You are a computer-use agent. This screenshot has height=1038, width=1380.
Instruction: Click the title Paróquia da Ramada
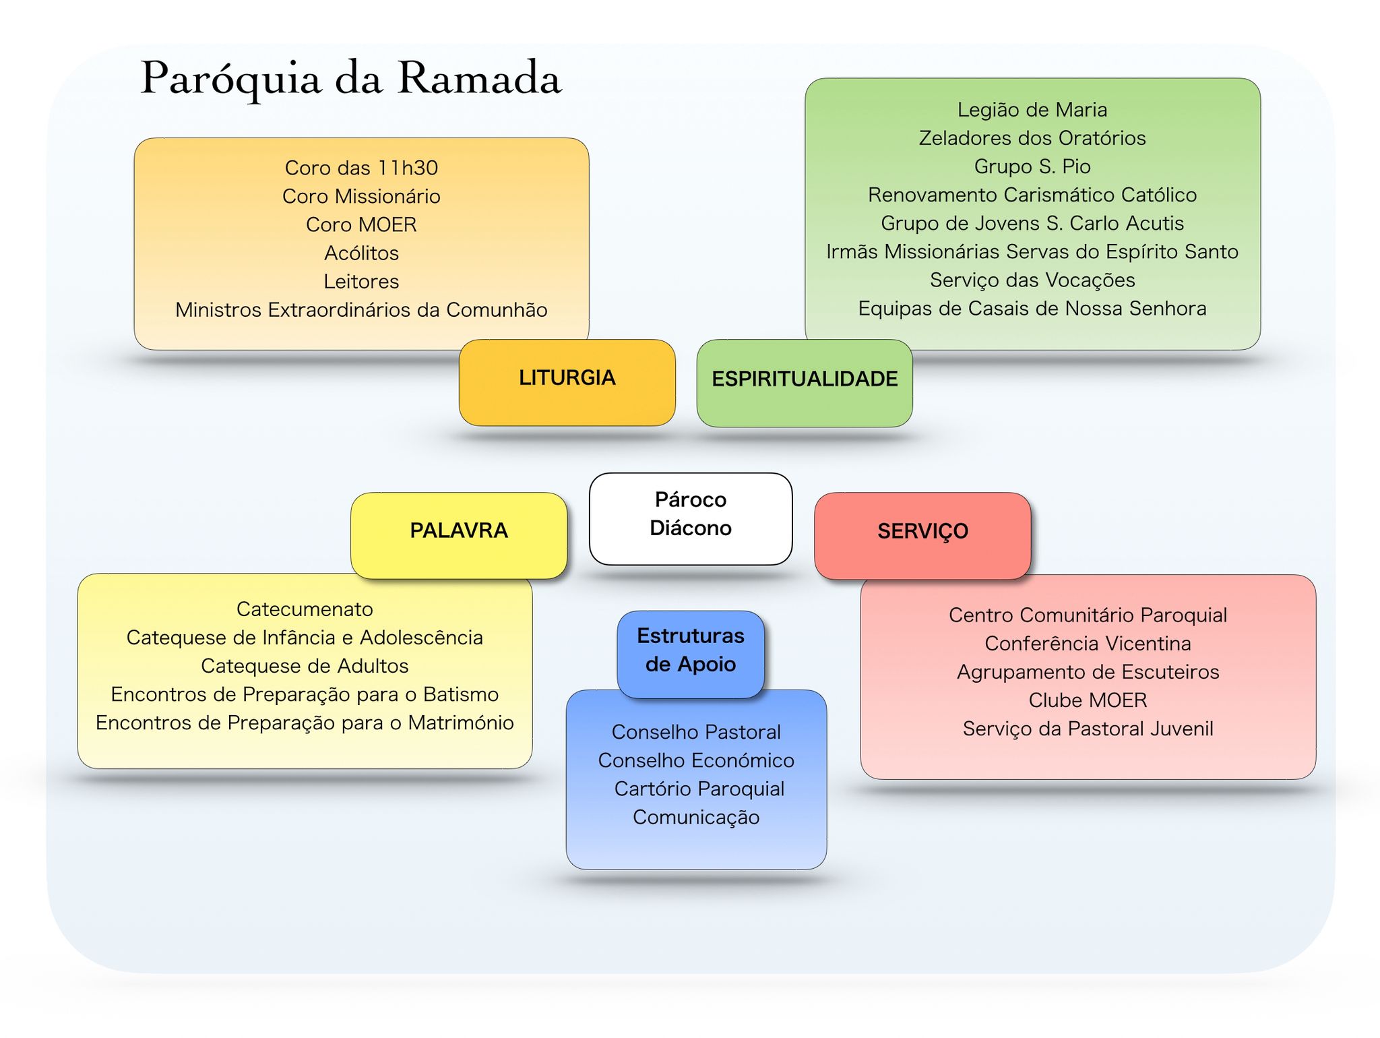coord(351,79)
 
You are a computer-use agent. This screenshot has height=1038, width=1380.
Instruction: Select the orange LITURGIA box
coord(567,382)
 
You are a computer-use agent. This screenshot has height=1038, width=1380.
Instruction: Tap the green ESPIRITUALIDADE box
coord(805,383)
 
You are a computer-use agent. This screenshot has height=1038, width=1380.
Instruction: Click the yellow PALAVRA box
coord(459,535)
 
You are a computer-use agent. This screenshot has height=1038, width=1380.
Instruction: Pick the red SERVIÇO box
coord(922,536)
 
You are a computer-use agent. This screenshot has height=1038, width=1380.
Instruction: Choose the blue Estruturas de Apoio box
coord(691,654)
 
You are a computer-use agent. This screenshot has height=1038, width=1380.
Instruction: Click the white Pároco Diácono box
coord(691,518)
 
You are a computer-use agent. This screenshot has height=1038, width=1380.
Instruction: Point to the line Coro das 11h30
coord(361,168)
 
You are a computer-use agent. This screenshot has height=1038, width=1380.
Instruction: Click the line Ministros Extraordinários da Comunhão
coord(361,310)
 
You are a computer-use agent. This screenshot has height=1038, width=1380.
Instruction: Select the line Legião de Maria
coord(1032,110)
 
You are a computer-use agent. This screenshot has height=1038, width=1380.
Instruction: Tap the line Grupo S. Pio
coord(1032,166)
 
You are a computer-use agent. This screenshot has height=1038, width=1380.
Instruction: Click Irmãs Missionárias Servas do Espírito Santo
coord(1032,252)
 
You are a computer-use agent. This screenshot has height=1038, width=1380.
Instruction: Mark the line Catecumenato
coord(305,609)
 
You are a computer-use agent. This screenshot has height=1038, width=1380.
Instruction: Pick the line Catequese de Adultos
coord(305,666)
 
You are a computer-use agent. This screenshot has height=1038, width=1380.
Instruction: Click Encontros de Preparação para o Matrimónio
coord(305,723)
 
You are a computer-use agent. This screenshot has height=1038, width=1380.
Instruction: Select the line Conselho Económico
coord(696,760)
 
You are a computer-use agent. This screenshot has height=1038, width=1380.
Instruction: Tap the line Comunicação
coord(696,818)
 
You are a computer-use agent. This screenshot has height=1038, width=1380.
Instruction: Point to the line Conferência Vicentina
coord(1088,644)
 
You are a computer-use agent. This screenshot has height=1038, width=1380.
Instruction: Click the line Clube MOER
coord(1088,700)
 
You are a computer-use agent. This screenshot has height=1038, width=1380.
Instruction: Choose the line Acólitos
coord(361,253)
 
